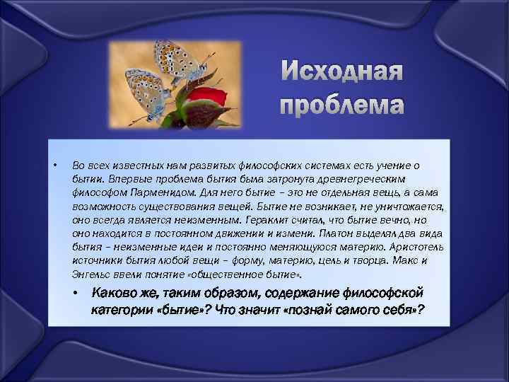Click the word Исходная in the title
point(342,71)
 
